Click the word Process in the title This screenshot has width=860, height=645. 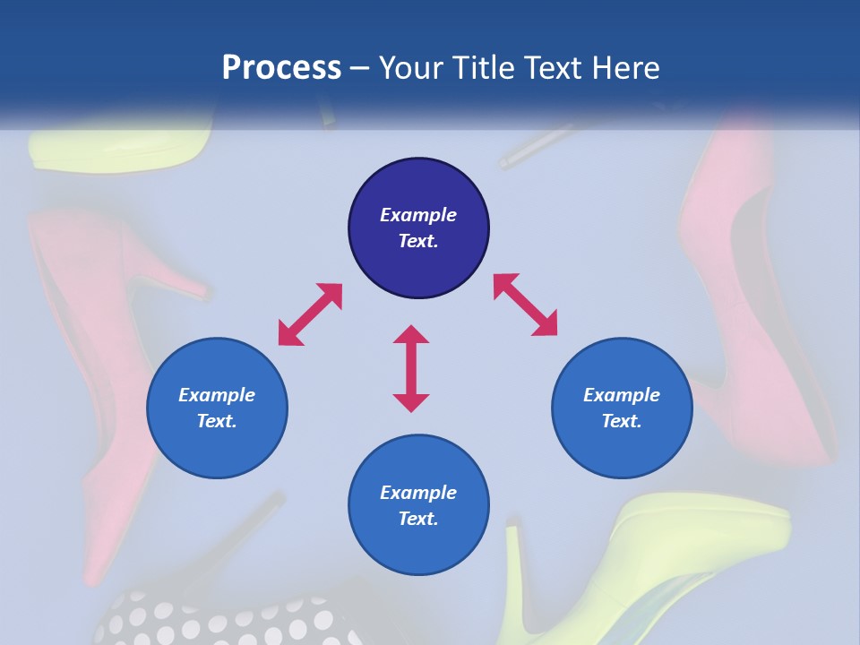tap(281, 68)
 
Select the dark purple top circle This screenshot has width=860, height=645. tap(418, 228)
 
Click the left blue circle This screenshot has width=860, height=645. tap(217, 408)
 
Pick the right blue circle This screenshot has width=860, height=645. tap(622, 408)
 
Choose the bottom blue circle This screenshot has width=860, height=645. tap(418, 505)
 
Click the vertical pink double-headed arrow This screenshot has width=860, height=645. tap(411, 368)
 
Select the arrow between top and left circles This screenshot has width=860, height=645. tap(310, 314)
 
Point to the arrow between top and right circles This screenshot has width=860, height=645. tap(525, 305)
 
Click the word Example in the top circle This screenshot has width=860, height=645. tap(418, 215)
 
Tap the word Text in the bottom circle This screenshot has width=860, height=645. tap(417, 519)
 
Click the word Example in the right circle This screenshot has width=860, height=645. tap(622, 395)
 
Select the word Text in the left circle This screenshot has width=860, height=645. tap(216, 421)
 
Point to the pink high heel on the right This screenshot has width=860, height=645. tap(761, 296)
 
